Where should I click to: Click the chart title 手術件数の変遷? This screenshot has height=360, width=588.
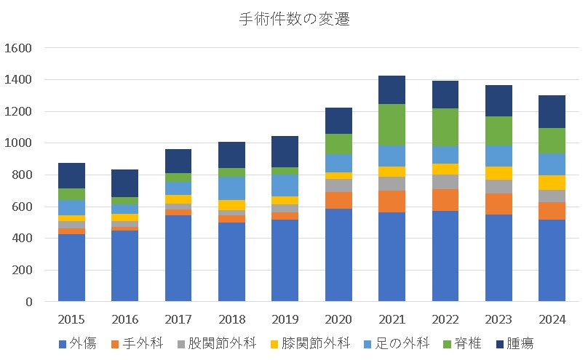(x=294, y=20)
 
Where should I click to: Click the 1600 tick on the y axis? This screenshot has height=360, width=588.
(x=18, y=48)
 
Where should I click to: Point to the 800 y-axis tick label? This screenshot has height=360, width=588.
(x=22, y=175)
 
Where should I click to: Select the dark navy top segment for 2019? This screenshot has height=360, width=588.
(x=285, y=151)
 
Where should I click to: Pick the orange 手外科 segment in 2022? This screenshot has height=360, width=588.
(x=445, y=200)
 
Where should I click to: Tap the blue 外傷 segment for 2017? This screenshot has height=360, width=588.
(x=178, y=258)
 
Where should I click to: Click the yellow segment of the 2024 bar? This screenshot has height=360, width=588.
(x=552, y=182)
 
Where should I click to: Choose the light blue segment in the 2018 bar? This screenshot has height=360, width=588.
(x=231, y=188)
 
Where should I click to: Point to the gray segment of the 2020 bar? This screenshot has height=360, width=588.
(x=338, y=185)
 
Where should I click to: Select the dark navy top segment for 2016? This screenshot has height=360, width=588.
(x=124, y=183)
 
